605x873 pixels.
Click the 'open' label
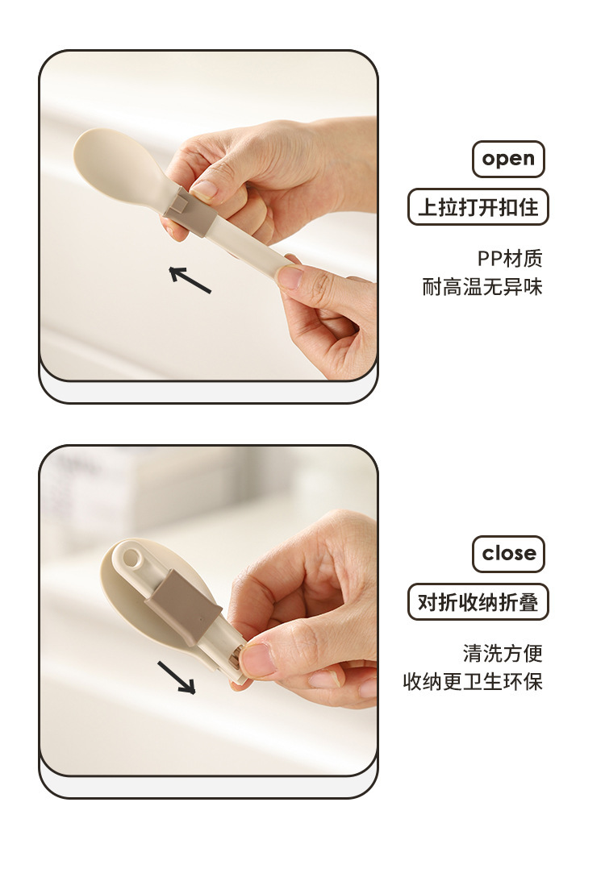click(508, 160)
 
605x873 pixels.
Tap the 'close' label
click(509, 554)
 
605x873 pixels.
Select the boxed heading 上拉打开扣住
click(478, 207)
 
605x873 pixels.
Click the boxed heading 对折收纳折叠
click(478, 602)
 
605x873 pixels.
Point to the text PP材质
click(510, 258)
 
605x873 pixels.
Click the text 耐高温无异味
click(482, 287)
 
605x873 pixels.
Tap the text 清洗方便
click(503, 653)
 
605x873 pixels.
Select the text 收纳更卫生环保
click(473, 681)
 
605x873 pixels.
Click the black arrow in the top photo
click(190, 280)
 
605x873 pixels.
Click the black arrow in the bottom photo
click(177, 678)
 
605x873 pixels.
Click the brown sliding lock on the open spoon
click(190, 211)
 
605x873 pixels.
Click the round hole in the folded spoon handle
click(131, 557)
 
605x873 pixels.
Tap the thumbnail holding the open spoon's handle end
click(290, 276)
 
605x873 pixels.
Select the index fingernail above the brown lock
click(204, 190)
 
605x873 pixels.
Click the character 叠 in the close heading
click(528, 602)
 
